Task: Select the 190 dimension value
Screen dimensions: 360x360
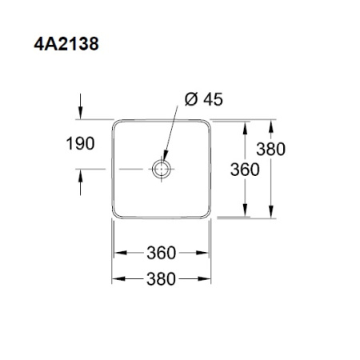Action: (80, 144)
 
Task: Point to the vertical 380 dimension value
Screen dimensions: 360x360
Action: (271, 150)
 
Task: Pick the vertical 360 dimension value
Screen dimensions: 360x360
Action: (244, 169)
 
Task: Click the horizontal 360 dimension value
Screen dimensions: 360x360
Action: (162, 253)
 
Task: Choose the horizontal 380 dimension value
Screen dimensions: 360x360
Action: (162, 279)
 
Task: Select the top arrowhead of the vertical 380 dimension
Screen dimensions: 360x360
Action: (273, 126)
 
